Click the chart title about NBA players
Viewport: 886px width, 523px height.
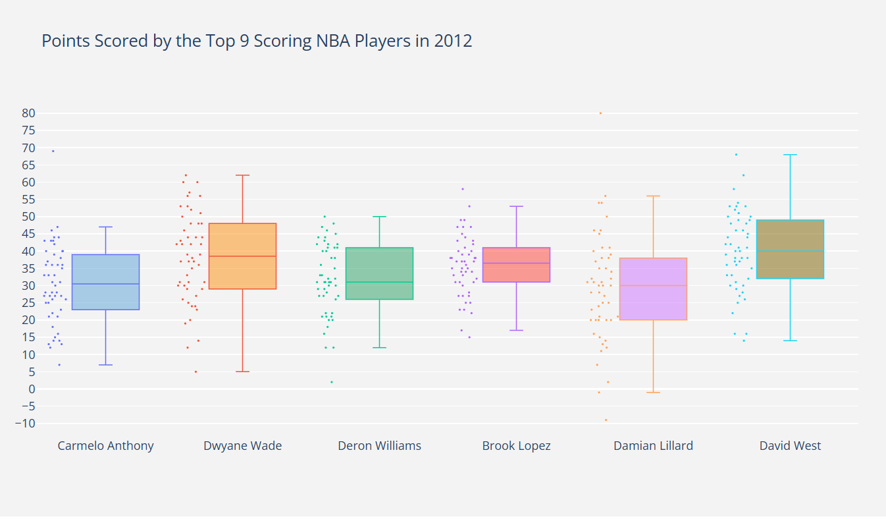pos(257,41)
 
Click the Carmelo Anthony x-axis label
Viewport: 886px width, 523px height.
pos(105,446)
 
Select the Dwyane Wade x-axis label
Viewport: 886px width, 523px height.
pos(242,446)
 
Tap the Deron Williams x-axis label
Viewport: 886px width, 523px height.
pos(379,446)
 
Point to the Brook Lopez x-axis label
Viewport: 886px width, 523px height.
pos(516,446)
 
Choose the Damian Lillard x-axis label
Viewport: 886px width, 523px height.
pos(653,446)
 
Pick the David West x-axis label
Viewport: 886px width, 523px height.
pos(790,446)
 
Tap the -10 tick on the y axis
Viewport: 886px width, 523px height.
pos(24,424)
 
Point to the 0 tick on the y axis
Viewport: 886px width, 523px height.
pos(30,389)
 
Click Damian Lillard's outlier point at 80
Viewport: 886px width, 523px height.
pos(600,113)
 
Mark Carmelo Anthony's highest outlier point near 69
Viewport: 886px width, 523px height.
pos(53,151)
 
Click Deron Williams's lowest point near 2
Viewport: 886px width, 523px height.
pos(332,382)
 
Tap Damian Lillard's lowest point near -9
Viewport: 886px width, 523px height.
pos(606,420)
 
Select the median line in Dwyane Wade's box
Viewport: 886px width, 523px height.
pos(242,256)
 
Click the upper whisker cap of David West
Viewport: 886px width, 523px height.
pos(790,155)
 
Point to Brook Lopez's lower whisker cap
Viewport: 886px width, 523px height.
pos(516,330)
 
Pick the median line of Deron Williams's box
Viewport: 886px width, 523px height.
pos(379,282)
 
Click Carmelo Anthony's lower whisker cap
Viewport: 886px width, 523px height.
pos(105,365)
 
